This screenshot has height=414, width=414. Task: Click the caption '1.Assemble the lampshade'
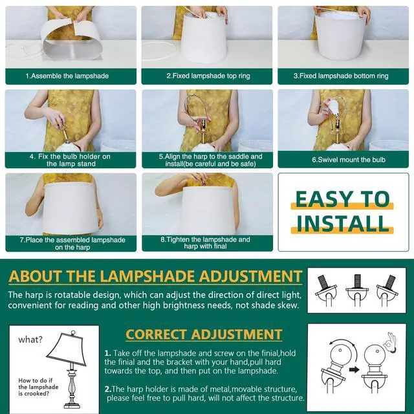coord(67,76)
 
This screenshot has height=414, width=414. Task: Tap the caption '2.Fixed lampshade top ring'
coord(208,76)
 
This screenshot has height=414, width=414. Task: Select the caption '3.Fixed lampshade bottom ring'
coord(341,76)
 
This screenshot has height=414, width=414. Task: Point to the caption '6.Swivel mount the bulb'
coord(349,160)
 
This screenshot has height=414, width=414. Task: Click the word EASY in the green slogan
coord(317,199)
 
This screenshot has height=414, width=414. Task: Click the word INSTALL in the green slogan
coord(342,223)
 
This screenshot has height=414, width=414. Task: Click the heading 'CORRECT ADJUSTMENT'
coord(204,334)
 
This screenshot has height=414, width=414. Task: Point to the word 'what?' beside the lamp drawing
coord(30,340)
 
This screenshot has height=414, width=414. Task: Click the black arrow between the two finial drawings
coord(354,369)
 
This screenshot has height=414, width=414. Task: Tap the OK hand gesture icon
coord(391,342)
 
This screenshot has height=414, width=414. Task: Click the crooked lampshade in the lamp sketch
coord(67,348)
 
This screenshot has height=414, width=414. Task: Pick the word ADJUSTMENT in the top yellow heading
coord(250,276)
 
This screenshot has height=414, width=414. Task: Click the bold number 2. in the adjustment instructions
coord(108,389)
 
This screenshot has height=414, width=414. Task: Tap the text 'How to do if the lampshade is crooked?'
coord(38,387)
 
